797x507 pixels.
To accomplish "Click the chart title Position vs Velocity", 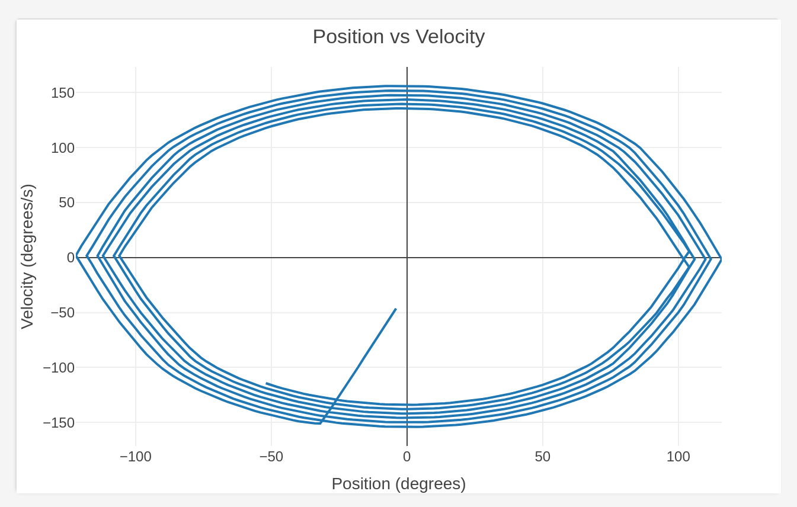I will pyautogui.click(x=398, y=37).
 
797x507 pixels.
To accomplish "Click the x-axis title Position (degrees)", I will pyautogui.click(x=398, y=484).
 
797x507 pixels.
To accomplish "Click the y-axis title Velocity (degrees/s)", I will pyautogui.click(x=27, y=256).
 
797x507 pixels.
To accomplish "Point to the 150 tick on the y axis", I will pyautogui.click(x=63, y=93).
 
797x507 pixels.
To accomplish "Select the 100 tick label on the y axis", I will pyautogui.click(x=63, y=148).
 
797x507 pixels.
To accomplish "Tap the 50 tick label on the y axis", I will pyautogui.click(x=66, y=203).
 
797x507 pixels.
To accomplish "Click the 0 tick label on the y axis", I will pyautogui.click(x=71, y=258).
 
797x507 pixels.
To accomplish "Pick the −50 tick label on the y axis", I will pyautogui.click(x=63, y=313).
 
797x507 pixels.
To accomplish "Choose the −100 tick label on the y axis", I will pyautogui.click(x=59, y=368).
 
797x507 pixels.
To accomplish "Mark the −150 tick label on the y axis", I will pyautogui.click(x=59, y=423).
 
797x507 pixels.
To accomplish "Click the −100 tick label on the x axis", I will pyautogui.click(x=136, y=457).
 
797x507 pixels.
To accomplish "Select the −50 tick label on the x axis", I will pyautogui.click(x=271, y=457).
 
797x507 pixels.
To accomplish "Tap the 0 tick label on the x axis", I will pyautogui.click(x=407, y=457).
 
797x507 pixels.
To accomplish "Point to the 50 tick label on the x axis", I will pyautogui.click(x=543, y=457).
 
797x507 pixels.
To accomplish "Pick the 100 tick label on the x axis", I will pyautogui.click(x=678, y=457).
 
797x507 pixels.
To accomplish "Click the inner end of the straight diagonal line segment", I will pyautogui.click(x=396, y=309).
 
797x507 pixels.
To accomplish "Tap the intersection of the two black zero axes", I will pyautogui.click(x=407, y=258).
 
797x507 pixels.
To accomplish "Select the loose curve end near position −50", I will pyautogui.click(x=267, y=383).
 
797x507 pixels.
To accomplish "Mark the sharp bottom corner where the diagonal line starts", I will pyautogui.click(x=320, y=423).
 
